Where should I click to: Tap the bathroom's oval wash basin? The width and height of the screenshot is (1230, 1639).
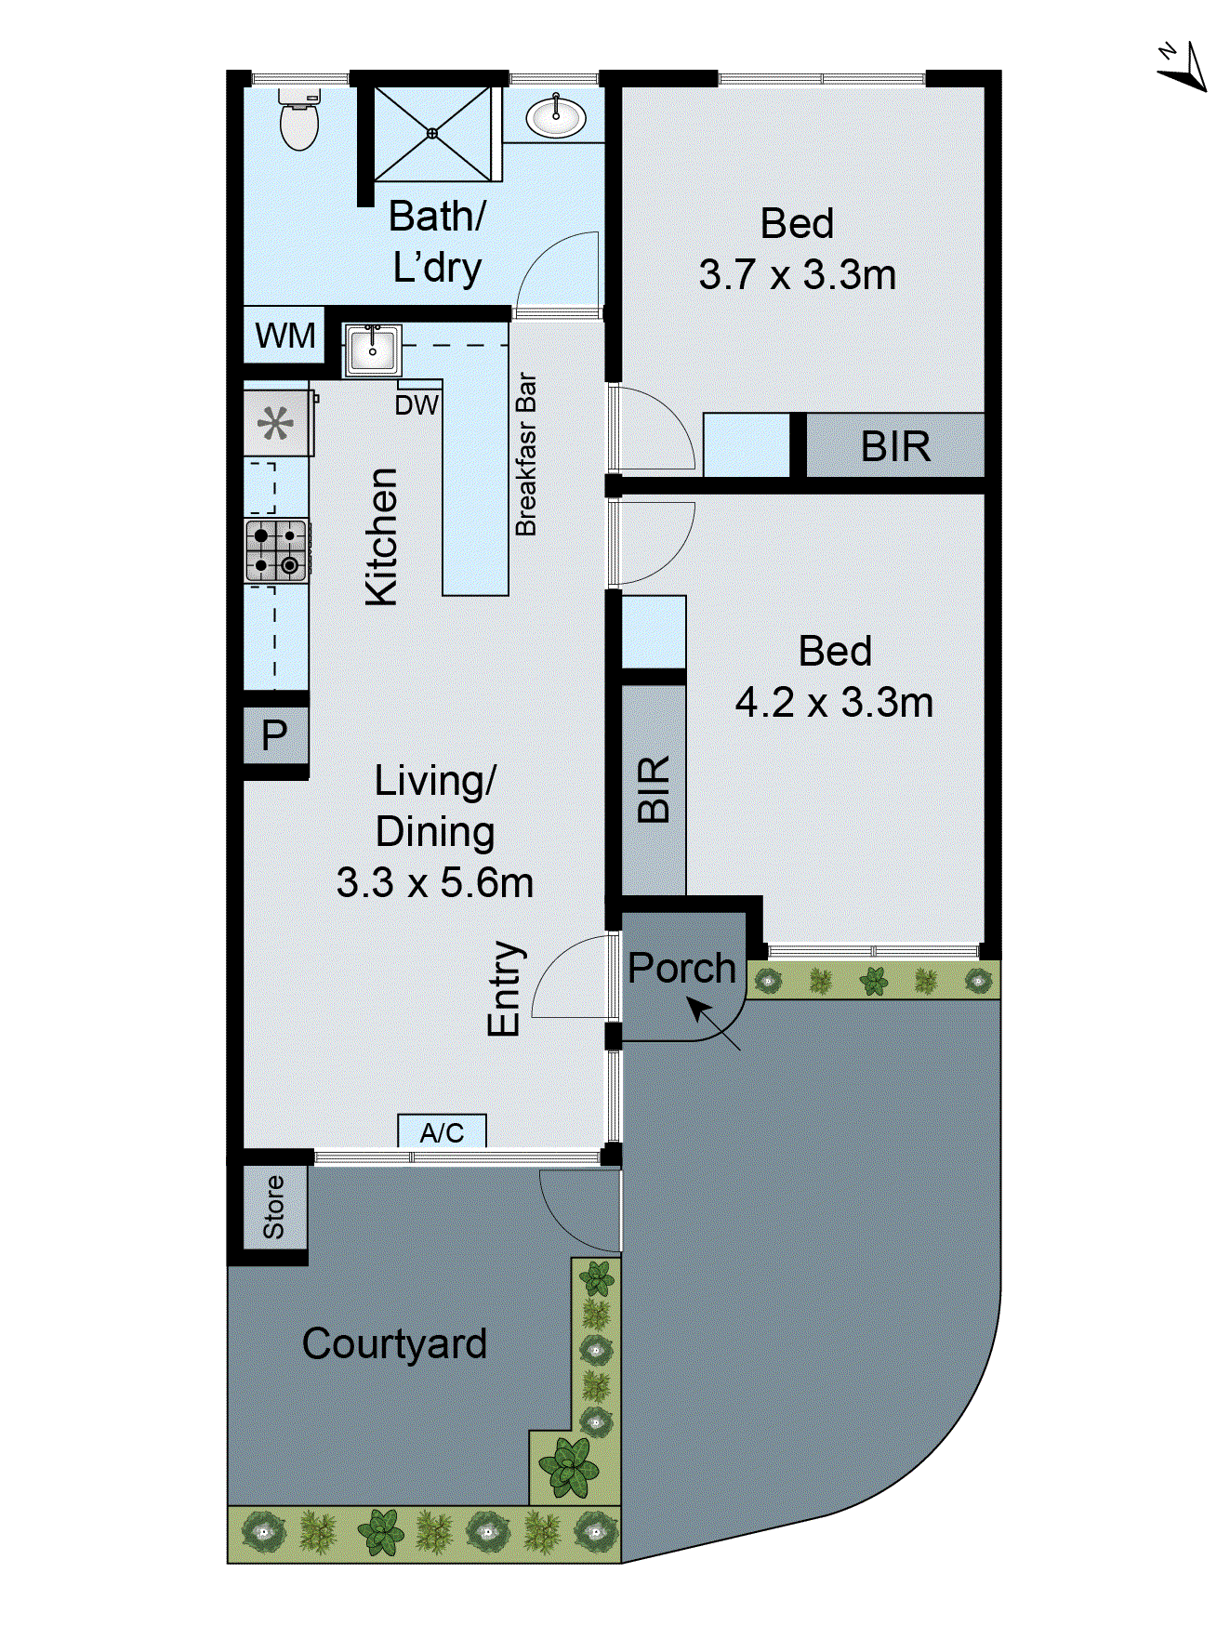point(555,117)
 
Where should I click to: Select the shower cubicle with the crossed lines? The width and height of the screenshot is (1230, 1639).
point(431,133)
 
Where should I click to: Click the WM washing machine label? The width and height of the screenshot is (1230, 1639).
point(284,336)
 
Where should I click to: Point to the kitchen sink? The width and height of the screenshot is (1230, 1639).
point(372,350)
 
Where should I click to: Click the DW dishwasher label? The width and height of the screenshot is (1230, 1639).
point(417,405)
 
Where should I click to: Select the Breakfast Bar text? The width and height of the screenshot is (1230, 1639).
point(526,455)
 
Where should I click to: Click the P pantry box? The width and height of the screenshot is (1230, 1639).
point(274,735)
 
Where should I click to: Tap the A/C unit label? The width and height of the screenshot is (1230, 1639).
point(442,1132)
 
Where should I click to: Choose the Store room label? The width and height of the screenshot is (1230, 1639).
point(274,1207)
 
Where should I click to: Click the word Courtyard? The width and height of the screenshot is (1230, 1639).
point(394,1343)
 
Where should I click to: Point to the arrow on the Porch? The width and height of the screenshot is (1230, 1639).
point(712,1023)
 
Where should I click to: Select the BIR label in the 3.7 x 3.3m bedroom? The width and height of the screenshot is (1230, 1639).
point(894,446)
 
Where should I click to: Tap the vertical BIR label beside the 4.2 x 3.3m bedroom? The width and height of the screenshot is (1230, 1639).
point(654,788)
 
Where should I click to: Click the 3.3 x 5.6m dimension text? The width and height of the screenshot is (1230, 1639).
point(435,882)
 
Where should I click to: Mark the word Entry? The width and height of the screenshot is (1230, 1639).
point(505,988)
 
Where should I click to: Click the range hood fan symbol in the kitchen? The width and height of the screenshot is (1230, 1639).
point(275,424)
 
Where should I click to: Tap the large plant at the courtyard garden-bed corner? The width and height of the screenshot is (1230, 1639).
point(568,1466)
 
